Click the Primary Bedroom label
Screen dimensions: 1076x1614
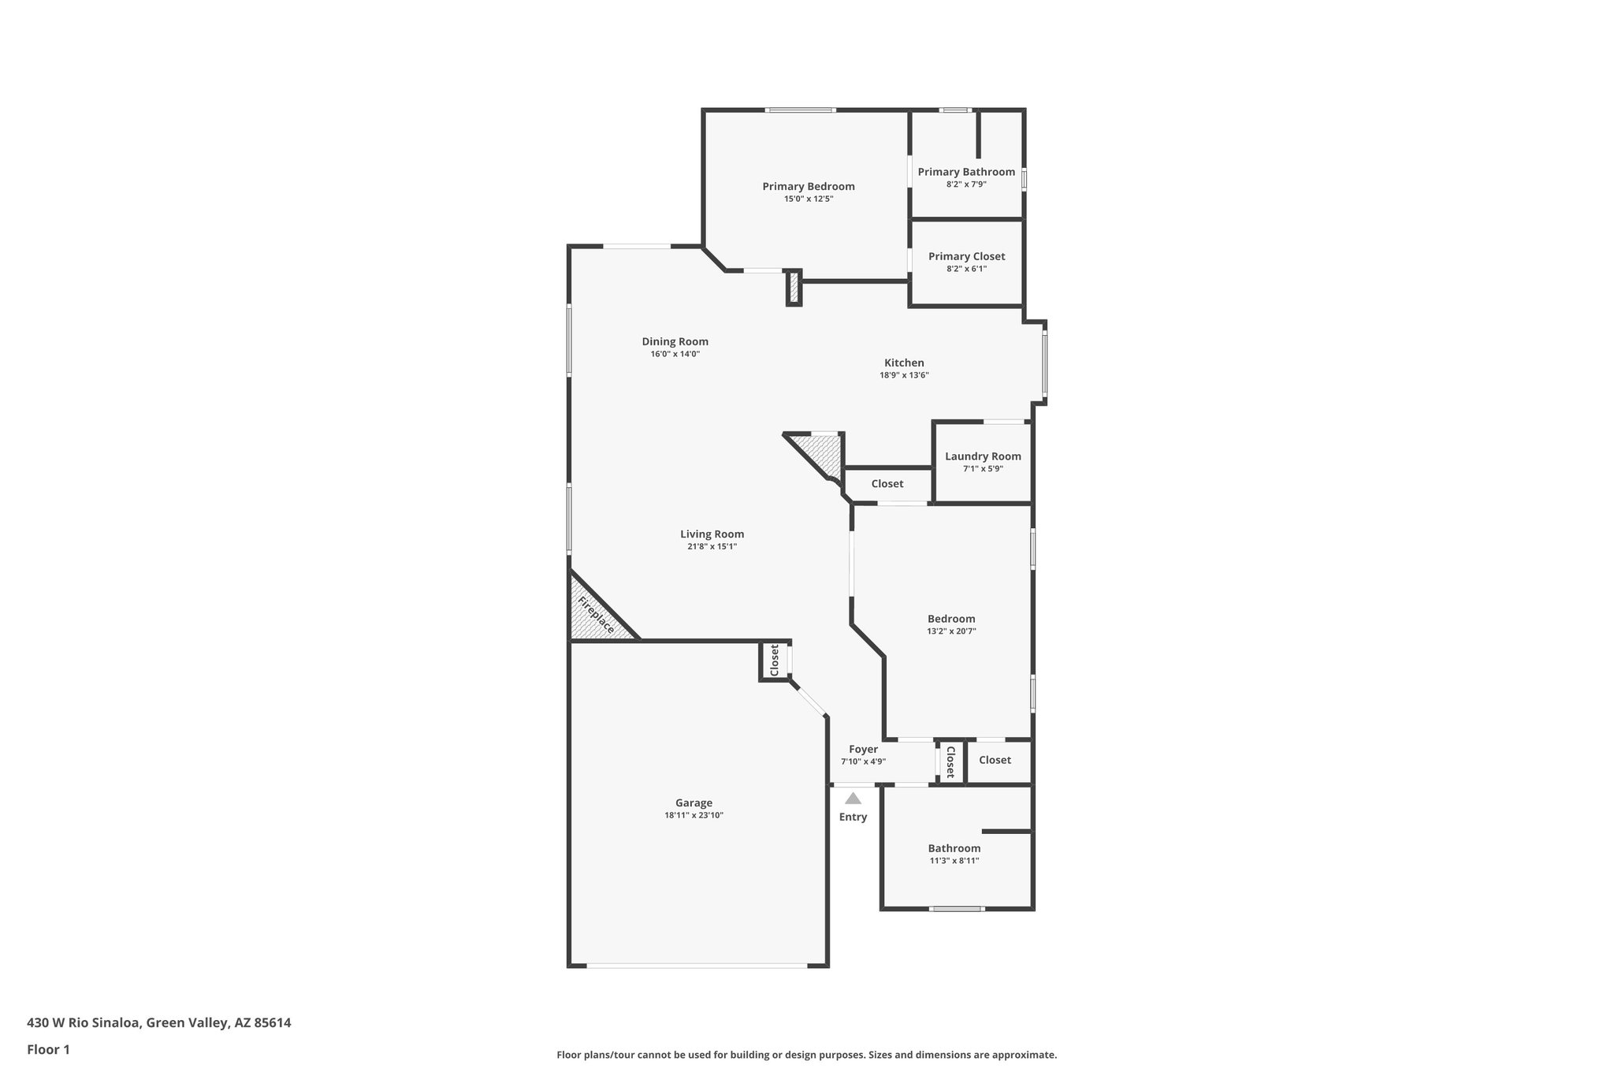click(x=808, y=187)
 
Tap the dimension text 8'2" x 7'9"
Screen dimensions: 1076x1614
click(x=966, y=184)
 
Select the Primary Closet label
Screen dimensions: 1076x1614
click(x=966, y=256)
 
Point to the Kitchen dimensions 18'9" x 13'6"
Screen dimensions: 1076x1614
click(x=904, y=375)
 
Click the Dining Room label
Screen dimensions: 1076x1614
click(x=675, y=341)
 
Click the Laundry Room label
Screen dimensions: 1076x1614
click(x=983, y=456)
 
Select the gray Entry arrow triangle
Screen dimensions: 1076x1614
click(x=853, y=799)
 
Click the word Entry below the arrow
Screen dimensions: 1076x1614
click(x=853, y=817)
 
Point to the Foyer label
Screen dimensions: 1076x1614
click(x=863, y=749)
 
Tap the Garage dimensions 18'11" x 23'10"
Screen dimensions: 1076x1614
click(x=694, y=816)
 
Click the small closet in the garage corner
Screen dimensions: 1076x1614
click(x=775, y=660)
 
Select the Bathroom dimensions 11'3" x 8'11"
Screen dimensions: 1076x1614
click(x=954, y=861)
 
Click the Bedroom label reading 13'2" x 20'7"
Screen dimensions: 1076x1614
click(x=951, y=631)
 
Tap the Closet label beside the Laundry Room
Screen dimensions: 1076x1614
click(x=887, y=484)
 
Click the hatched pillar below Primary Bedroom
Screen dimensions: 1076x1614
click(x=794, y=288)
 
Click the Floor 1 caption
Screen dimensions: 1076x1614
click(x=48, y=1049)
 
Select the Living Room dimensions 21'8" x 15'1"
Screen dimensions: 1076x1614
click(x=712, y=546)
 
